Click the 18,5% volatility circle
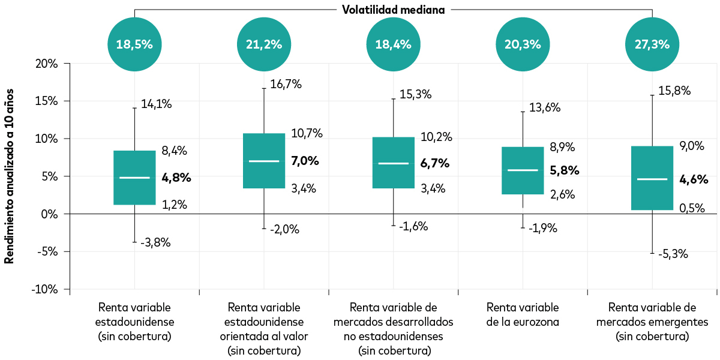[x=134, y=44]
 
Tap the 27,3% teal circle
[x=652, y=44]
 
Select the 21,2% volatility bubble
[x=264, y=44]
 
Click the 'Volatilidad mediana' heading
[x=393, y=10]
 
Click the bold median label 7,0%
[x=305, y=161]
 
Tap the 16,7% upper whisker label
[x=286, y=85]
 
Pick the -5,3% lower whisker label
[x=673, y=254]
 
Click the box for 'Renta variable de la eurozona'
[x=523, y=170]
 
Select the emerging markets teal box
[x=652, y=178]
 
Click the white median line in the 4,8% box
[x=134, y=178]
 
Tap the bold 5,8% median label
[x=565, y=170]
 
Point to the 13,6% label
[x=545, y=108]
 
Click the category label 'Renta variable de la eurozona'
[x=523, y=314]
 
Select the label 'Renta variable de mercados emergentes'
[x=652, y=322]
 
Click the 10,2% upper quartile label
[x=436, y=137]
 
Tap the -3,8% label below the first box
[x=155, y=243]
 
